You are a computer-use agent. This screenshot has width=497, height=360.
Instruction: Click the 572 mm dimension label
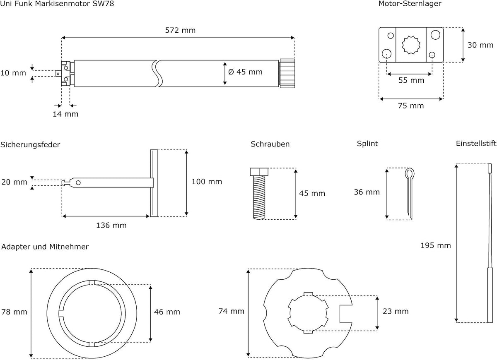click(180, 30)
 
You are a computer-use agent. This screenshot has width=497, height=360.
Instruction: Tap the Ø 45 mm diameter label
click(245, 72)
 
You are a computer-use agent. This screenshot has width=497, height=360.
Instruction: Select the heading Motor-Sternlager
click(410, 4)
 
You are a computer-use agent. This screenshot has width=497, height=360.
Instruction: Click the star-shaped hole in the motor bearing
click(411, 45)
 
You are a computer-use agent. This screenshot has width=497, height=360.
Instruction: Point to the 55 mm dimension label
click(411, 80)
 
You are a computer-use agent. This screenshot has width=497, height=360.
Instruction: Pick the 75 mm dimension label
click(411, 106)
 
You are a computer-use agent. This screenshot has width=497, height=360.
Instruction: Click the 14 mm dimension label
click(65, 114)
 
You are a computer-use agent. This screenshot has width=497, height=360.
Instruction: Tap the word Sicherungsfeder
click(30, 145)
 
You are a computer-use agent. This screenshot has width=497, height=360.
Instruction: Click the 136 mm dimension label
click(111, 226)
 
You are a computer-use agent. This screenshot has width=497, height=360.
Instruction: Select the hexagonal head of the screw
click(259, 172)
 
